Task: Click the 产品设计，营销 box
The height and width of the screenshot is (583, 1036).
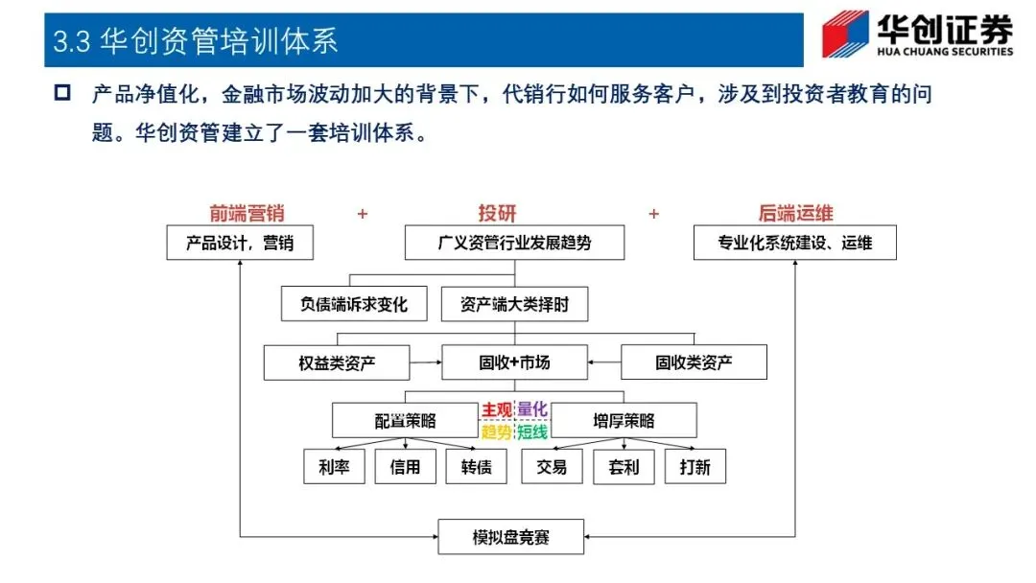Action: pyautogui.click(x=240, y=244)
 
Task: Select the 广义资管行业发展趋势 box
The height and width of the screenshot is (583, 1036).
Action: pyautogui.click(x=514, y=244)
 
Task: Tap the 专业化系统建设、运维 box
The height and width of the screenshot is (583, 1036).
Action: pyautogui.click(x=795, y=244)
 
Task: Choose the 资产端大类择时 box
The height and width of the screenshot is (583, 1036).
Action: pyautogui.click(x=514, y=305)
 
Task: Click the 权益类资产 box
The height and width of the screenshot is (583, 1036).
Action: pyautogui.click(x=337, y=362)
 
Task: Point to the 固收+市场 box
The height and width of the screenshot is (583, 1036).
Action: pyautogui.click(x=514, y=362)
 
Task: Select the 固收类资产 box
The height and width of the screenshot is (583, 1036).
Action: pyautogui.click(x=695, y=362)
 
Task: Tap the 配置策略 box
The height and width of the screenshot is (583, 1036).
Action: pyautogui.click(x=405, y=420)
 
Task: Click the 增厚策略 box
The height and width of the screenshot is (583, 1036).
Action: pyautogui.click(x=624, y=420)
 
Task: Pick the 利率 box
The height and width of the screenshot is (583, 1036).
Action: pyautogui.click(x=334, y=467)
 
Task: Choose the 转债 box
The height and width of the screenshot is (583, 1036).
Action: pyautogui.click(x=476, y=467)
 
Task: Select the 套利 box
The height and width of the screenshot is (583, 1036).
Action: pyautogui.click(x=624, y=467)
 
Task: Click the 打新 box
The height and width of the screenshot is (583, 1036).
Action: pyautogui.click(x=695, y=467)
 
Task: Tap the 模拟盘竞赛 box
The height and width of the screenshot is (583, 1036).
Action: pyautogui.click(x=514, y=537)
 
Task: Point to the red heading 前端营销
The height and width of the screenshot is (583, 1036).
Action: pyautogui.click(x=247, y=214)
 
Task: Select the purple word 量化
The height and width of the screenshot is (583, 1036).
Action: pyautogui.click(x=532, y=409)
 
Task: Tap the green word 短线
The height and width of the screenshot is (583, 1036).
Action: pyautogui.click(x=532, y=431)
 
